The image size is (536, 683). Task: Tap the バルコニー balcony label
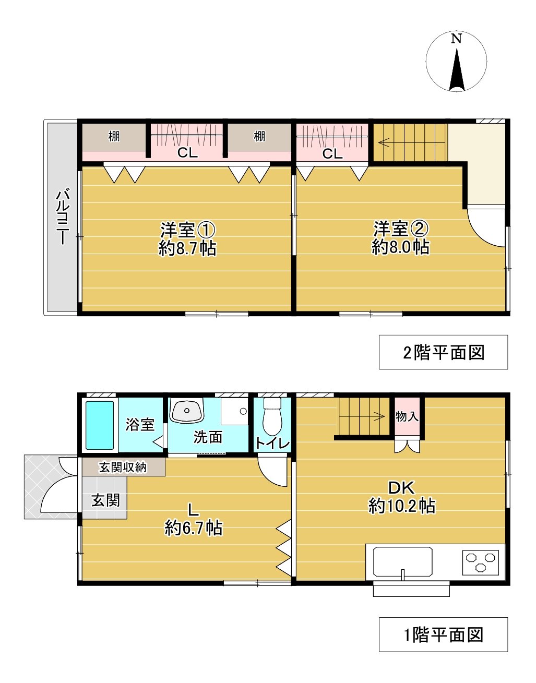(x=63, y=217)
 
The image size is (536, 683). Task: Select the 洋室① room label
(x=187, y=230)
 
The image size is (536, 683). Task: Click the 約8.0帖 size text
(x=400, y=247)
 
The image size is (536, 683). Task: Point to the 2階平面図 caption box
(x=443, y=353)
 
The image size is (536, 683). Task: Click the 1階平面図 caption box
(x=443, y=634)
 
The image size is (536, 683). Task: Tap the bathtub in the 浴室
(x=99, y=425)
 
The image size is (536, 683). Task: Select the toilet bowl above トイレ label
(x=272, y=417)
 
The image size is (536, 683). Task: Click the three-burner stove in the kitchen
(x=480, y=562)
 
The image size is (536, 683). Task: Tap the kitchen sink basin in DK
(x=402, y=561)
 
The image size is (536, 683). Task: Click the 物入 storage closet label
(x=407, y=416)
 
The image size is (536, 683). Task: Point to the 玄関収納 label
(x=123, y=468)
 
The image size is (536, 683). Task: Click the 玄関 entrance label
(x=106, y=500)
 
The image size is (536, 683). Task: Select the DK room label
(x=401, y=487)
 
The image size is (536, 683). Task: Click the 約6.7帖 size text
(x=194, y=528)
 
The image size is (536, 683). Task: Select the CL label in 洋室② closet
(x=332, y=153)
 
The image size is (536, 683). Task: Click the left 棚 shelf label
(x=114, y=137)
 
